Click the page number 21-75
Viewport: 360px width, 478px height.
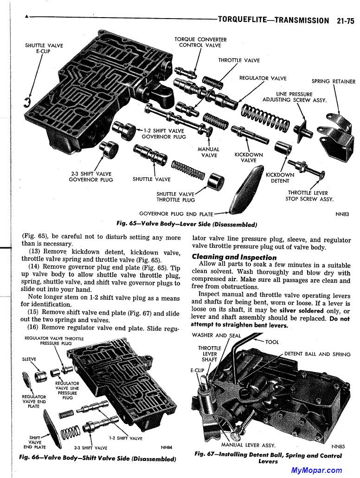click(344, 20)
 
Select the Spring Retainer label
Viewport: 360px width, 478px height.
click(333, 81)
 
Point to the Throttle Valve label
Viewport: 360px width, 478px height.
click(239, 60)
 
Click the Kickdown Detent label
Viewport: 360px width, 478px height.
click(280, 178)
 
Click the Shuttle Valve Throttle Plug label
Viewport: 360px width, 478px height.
click(175, 197)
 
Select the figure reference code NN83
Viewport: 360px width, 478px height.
click(342, 214)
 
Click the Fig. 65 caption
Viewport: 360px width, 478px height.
click(187, 225)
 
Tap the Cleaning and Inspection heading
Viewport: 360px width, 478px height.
click(234, 257)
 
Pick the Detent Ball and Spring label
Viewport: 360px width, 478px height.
click(317, 354)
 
